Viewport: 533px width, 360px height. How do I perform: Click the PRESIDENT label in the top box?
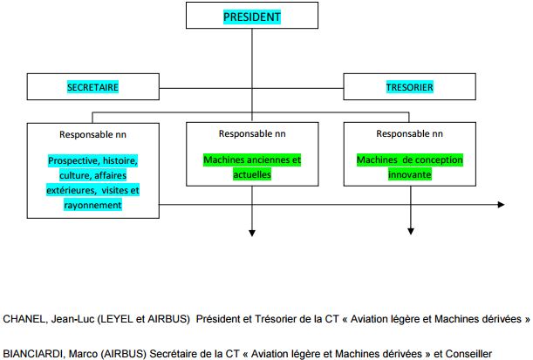(x=252, y=17)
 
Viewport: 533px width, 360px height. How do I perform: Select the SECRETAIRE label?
(x=92, y=87)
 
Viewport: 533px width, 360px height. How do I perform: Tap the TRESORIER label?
(x=410, y=87)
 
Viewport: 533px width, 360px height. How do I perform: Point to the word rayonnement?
(x=92, y=205)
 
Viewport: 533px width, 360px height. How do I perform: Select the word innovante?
(x=410, y=174)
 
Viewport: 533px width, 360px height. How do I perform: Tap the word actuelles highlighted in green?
(x=252, y=174)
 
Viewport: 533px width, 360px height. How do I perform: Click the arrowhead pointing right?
(x=501, y=205)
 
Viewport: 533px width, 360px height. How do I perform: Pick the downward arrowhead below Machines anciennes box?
(x=252, y=233)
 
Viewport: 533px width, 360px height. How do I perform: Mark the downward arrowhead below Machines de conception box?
(x=411, y=231)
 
